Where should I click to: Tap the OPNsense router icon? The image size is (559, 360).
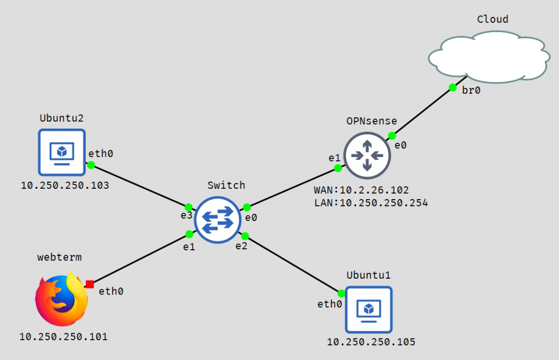coord(367,155)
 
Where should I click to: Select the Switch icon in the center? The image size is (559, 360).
coord(218,220)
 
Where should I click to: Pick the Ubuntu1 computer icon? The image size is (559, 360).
coord(368,309)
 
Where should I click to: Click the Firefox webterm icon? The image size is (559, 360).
coord(61,300)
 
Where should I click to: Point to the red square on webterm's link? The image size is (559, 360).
coord(90,284)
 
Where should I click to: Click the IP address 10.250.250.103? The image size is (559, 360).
coord(65,185)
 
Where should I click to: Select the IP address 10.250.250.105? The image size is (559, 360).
coord(371,342)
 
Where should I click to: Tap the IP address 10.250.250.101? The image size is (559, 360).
coord(63,336)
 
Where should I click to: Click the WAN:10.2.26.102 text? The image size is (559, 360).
coord(361,190)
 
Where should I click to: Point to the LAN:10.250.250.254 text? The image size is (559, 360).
coord(371,203)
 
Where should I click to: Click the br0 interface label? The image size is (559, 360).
coord(471,91)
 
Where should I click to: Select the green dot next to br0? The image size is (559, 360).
coord(453,87)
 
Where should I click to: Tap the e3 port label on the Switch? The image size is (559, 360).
coord(187,216)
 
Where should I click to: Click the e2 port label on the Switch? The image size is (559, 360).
coord(242,246)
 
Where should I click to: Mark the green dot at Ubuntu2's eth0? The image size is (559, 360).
coord(91,165)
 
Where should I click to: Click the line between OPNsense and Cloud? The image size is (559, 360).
coord(422,111)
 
